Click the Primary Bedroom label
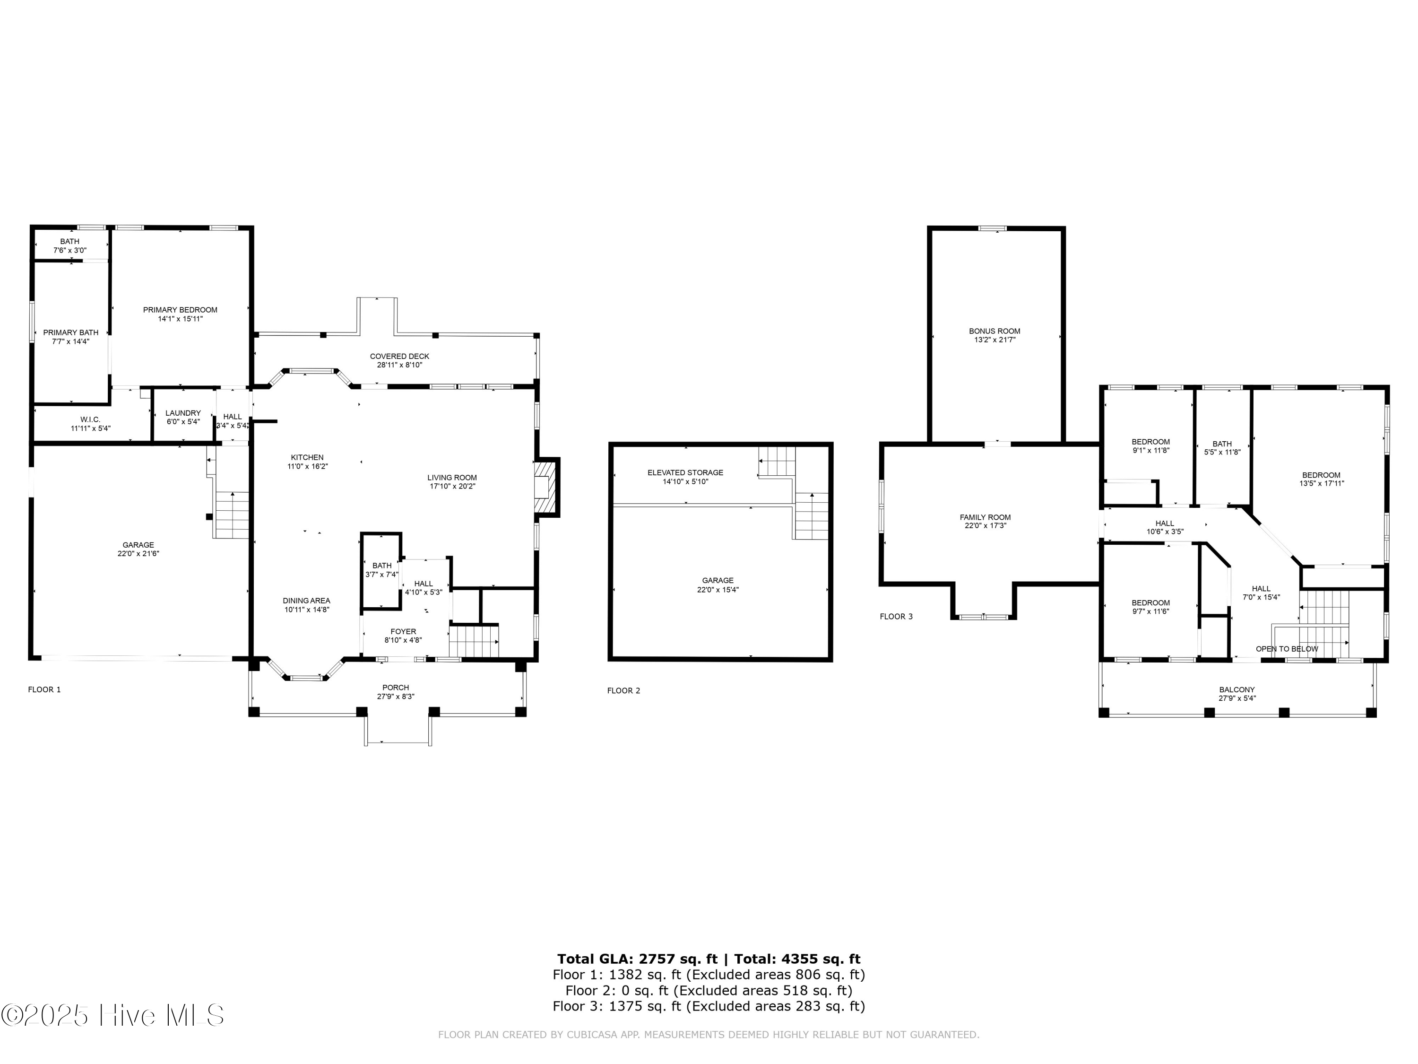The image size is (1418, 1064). tap(180, 310)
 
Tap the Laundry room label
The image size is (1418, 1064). tap(183, 413)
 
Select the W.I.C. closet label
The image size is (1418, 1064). tap(90, 419)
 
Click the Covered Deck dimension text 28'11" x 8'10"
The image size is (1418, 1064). tap(399, 365)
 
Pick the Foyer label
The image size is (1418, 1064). tap(403, 632)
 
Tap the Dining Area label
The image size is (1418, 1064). tap(306, 601)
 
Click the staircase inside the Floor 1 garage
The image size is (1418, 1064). tap(231, 515)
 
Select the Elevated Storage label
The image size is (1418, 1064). tap(685, 473)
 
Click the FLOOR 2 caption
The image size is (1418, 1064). tap(623, 691)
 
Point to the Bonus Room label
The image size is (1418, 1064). tap(994, 331)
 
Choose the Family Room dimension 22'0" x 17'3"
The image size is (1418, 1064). tap(986, 526)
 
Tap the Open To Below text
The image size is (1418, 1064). tap(1287, 649)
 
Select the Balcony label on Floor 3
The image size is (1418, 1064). tap(1236, 690)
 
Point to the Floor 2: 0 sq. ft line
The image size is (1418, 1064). tap(709, 990)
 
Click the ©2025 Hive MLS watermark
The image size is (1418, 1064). tap(113, 1015)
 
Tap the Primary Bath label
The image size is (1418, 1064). tap(70, 333)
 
